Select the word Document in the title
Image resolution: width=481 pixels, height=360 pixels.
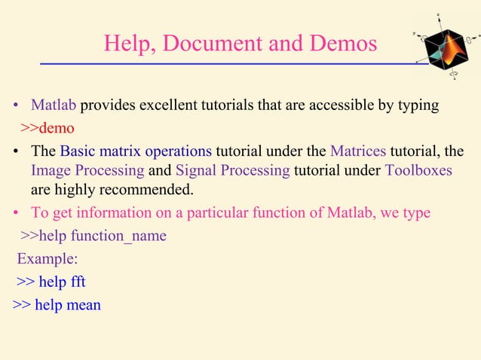click(207, 44)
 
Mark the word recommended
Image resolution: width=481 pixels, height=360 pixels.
click(137, 188)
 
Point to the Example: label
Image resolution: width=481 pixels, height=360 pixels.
click(47, 260)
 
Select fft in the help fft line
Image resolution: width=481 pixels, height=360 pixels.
click(75, 282)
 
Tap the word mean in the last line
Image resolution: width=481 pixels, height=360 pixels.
click(84, 305)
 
